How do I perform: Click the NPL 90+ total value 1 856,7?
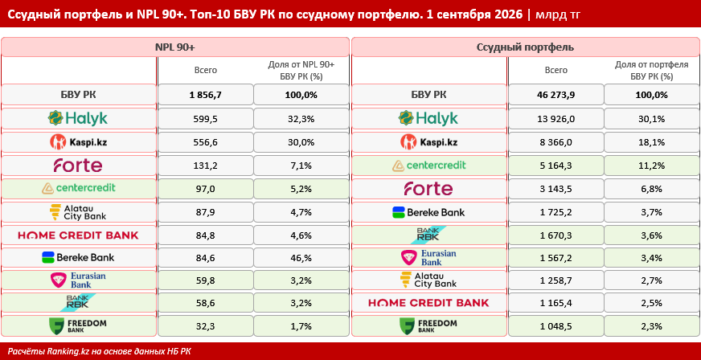click(x=206, y=95)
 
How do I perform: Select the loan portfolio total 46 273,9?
click(x=556, y=95)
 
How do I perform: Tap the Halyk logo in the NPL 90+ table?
click(x=78, y=118)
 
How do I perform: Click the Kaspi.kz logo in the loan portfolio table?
click(x=429, y=141)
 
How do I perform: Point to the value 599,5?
click(x=206, y=118)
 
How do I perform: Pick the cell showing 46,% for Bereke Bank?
click(x=301, y=258)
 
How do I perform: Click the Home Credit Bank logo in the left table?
click(x=78, y=235)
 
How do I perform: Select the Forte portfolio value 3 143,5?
click(x=556, y=189)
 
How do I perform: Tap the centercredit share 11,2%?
click(x=652, y=166)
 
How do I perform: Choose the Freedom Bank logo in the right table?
click(x=428, y=326)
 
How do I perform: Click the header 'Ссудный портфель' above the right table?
click(x=525, y=47)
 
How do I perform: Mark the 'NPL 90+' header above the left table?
click(x=174, y=47)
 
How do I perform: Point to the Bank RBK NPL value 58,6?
click(x=206, y=302)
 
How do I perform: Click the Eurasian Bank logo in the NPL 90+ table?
click(x=78, y=280)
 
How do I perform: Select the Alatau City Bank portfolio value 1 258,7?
click(x=556, y=281)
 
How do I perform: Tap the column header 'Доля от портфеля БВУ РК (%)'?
click(x=652, y=70)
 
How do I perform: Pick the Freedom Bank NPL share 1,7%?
click(x=301, y=326)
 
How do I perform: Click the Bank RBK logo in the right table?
click(x=428, y=235)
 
